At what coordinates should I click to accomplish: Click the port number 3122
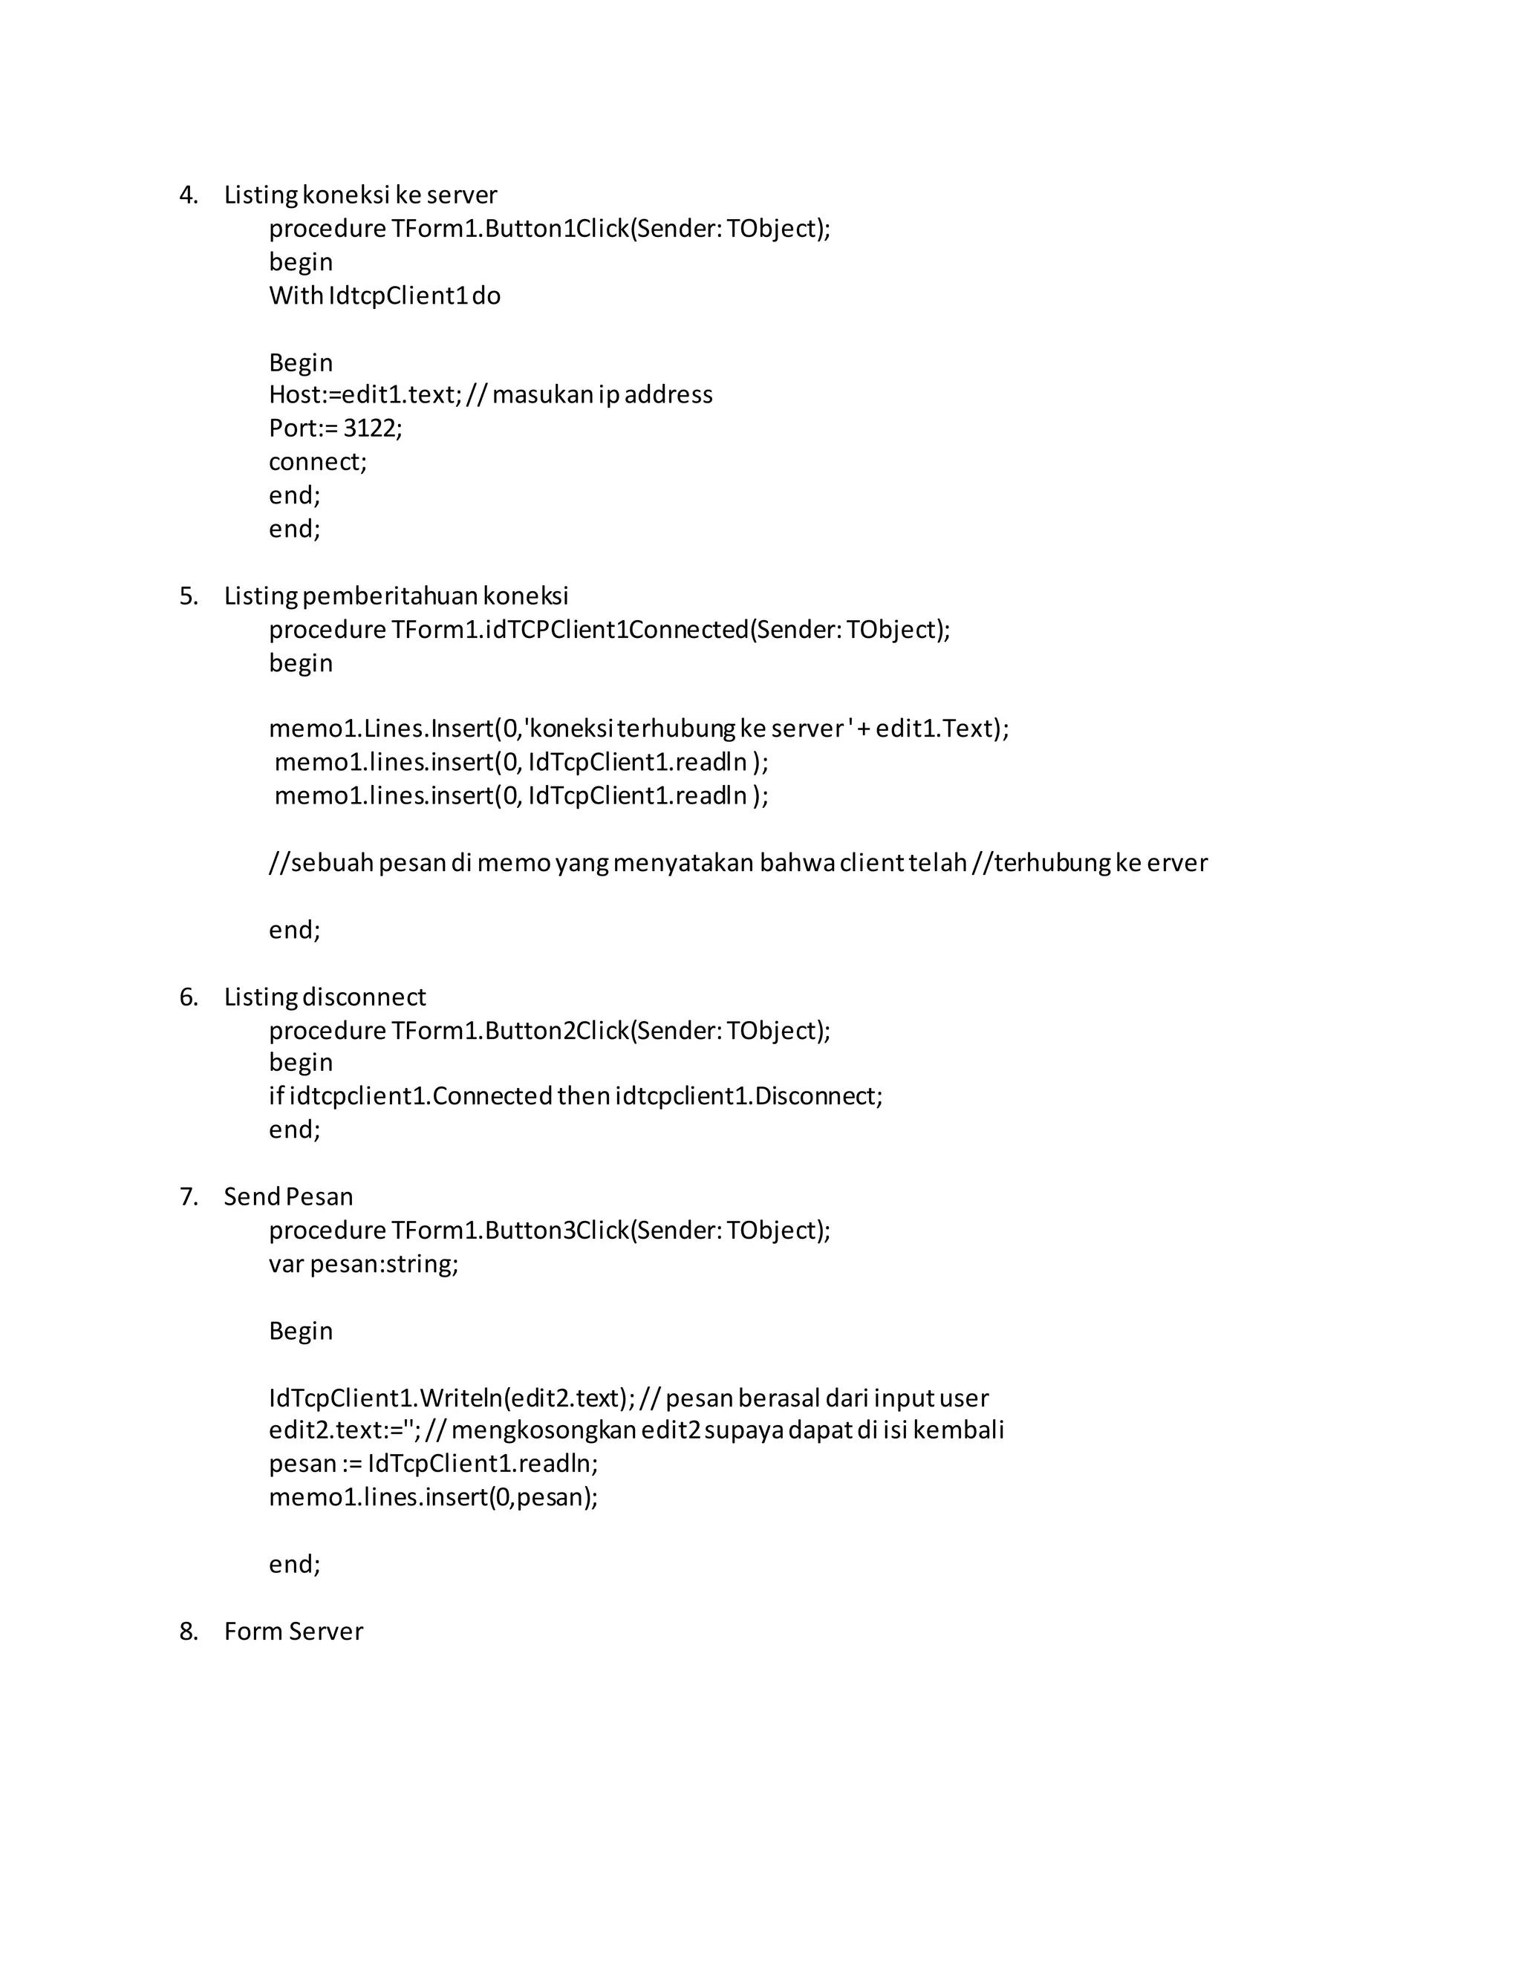tap(372, 428)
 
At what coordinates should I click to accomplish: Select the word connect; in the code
tap(317, 461)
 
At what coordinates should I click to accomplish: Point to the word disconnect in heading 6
tap(364, 997)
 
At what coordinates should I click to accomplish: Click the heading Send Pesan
tap(288, 1196)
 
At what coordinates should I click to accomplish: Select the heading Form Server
tap(294, 1631)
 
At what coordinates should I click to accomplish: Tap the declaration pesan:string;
tap(384, 1263)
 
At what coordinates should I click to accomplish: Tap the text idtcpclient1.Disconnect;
tap(748, 1097)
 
